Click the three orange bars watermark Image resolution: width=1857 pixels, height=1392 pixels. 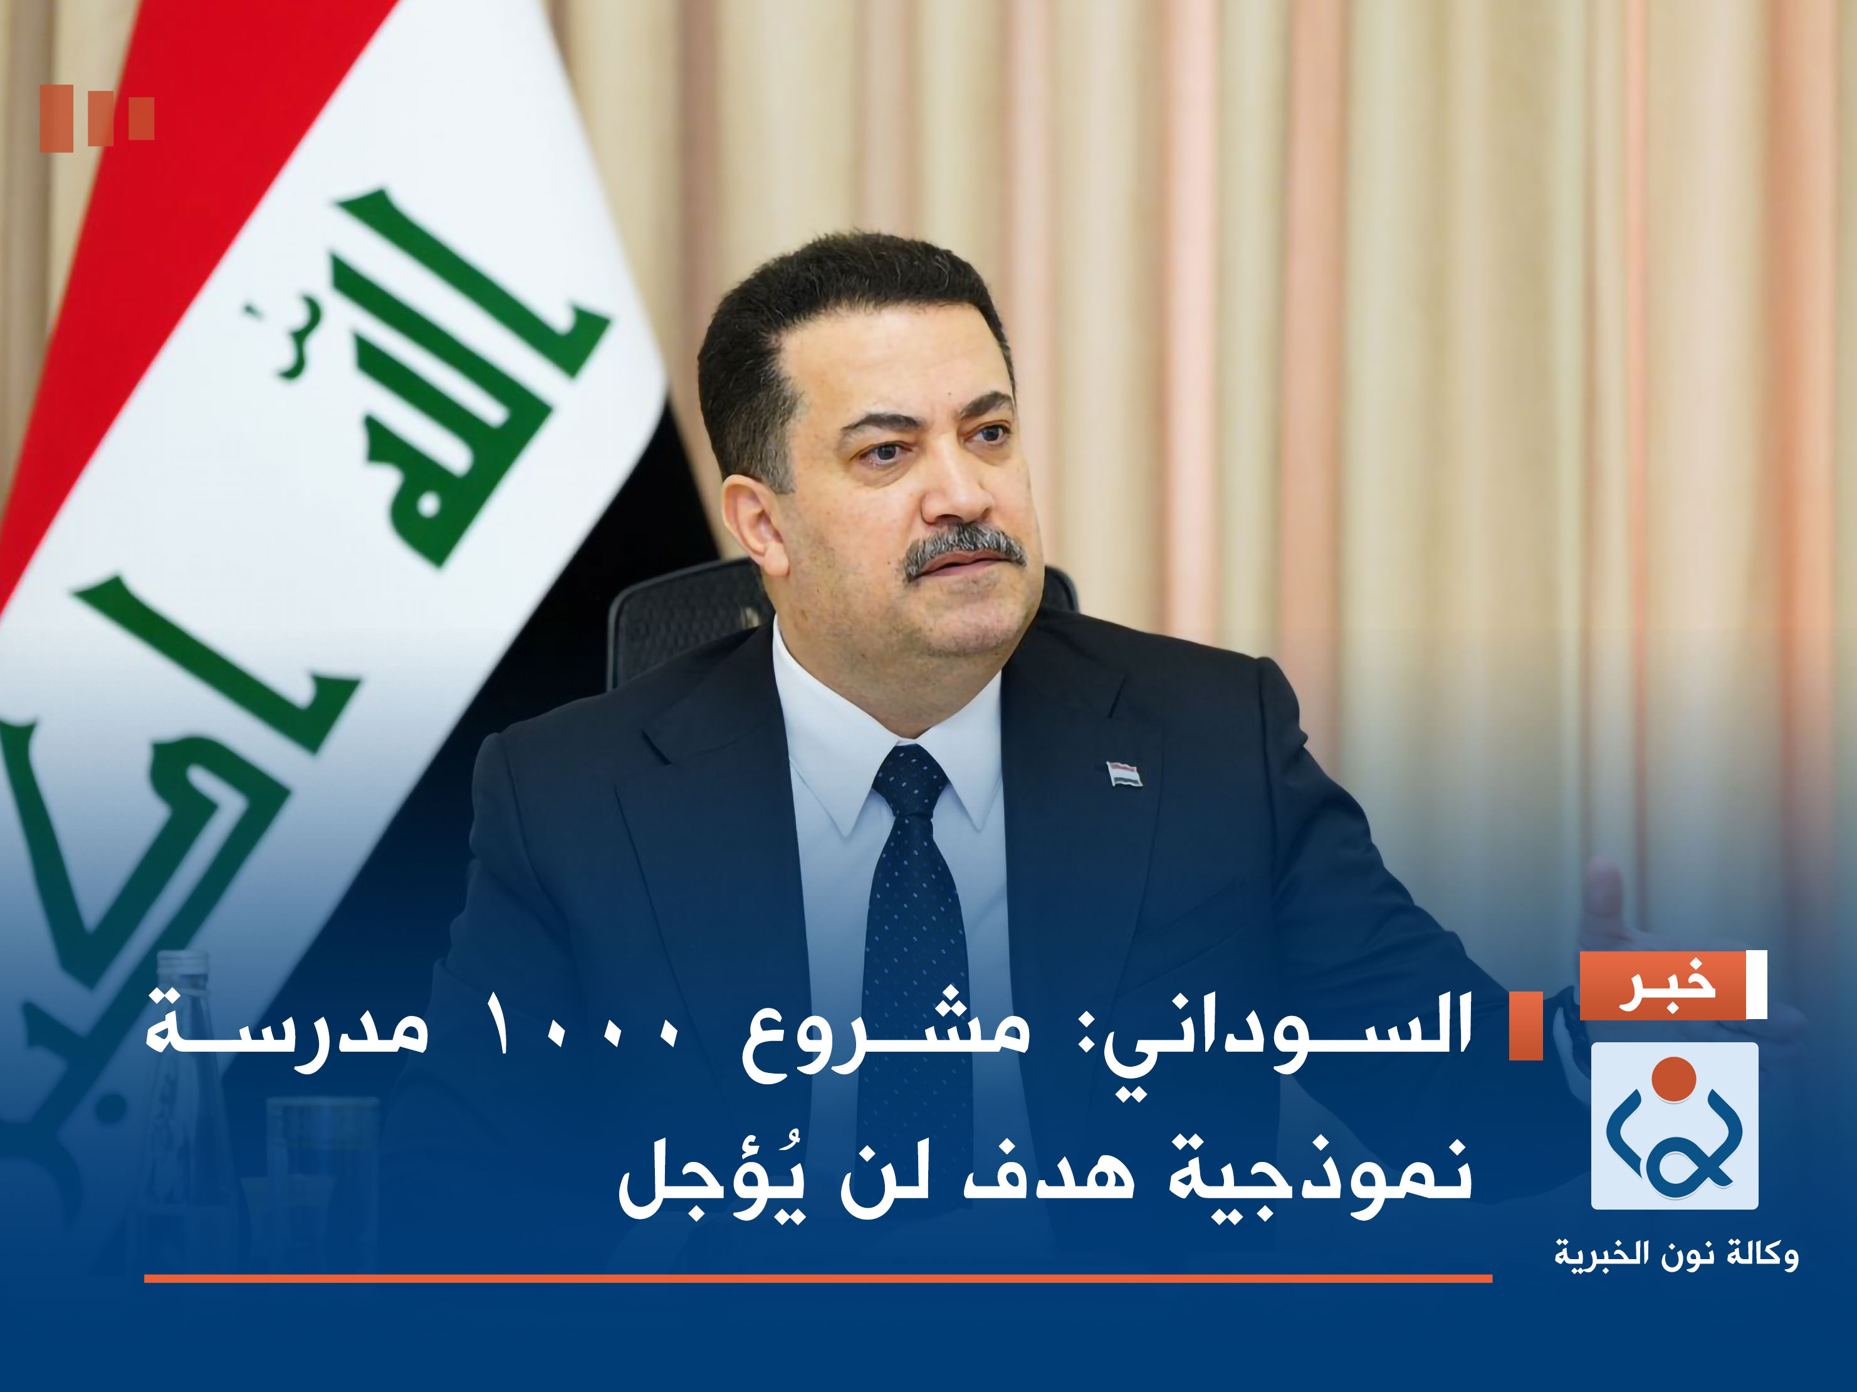pos(97,118)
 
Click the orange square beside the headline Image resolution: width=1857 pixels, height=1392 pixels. pos(1525,1025)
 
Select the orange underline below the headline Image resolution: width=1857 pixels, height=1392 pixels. pos(818,1279)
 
